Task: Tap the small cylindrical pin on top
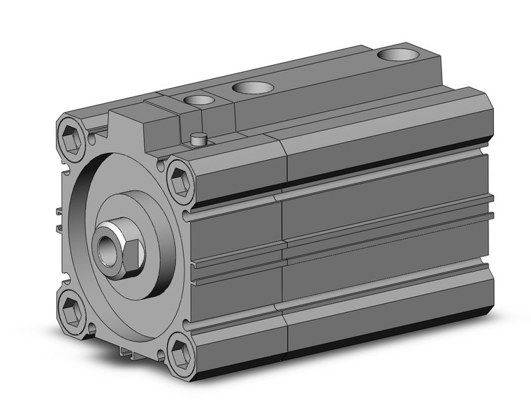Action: (x=200, y=138)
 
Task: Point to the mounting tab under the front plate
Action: (x=133, y=354)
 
